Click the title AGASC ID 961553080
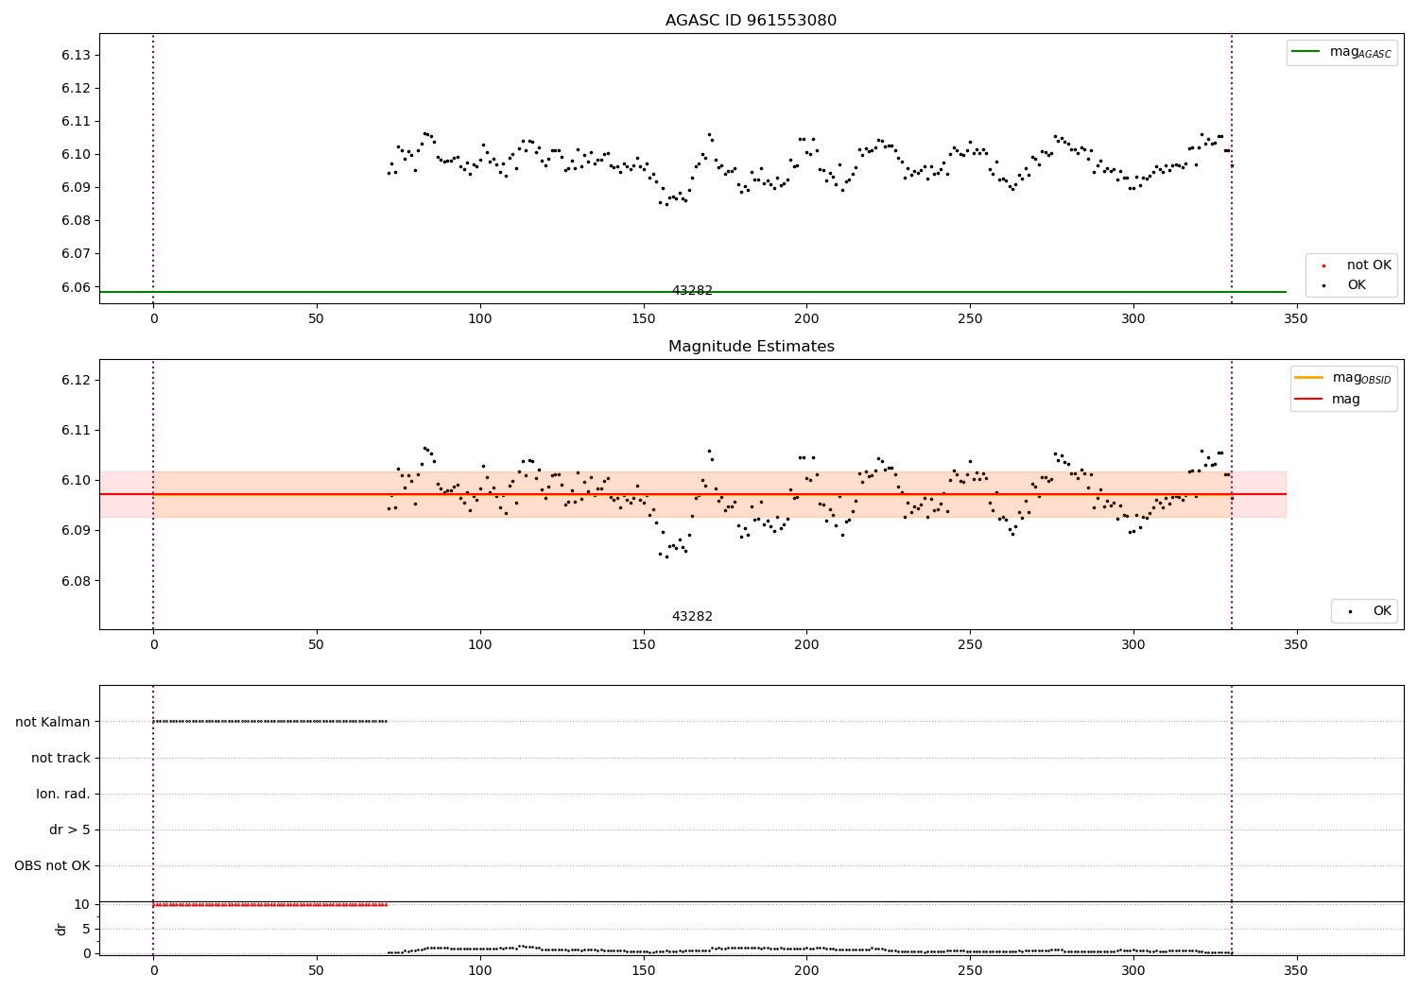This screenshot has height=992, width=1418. pos(751,21)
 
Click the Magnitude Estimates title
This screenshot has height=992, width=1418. pos(751,347)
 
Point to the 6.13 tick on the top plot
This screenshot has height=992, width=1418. pos(76,55)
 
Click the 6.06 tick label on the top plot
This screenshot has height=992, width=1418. pos(76,287)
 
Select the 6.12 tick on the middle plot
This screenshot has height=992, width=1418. pos(76,380)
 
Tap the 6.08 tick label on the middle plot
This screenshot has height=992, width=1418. pos(76,581)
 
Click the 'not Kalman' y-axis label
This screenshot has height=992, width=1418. pos(53,722)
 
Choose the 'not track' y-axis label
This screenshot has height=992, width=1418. pos(61,758)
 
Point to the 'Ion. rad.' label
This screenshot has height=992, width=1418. pos(63,794)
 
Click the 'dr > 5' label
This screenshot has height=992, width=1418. pos(70,830)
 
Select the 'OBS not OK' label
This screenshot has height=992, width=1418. pos(52,865)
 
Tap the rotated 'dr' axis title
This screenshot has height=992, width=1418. pos(61,929)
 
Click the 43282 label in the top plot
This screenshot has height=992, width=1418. pos(692,291)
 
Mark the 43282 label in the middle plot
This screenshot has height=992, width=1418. pos(692,617)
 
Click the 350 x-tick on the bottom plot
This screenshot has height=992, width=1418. pos(1296,970)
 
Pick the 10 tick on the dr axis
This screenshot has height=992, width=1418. pos(81,904)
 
